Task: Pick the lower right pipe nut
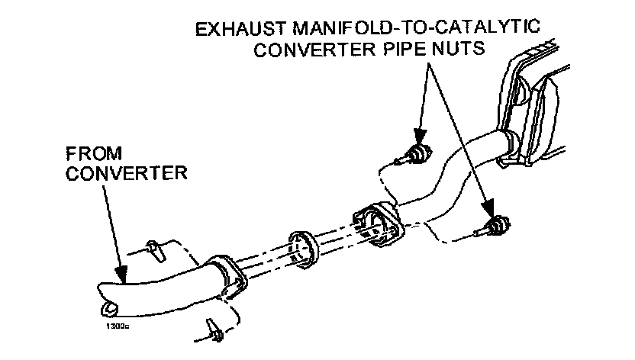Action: (498, 225)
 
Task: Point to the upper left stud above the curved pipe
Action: (153, 248)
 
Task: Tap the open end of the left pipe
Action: (109, 307)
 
